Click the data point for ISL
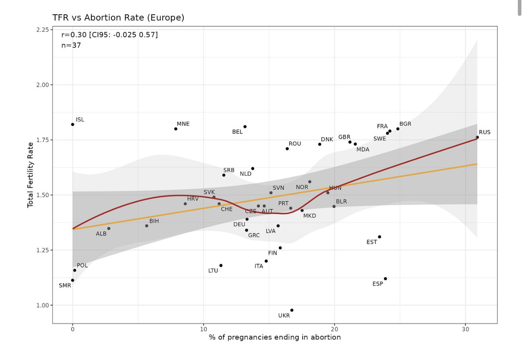[72, 125]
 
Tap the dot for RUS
[477, 137]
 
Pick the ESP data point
[385, 279]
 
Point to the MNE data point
[176, 129]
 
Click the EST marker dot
[379, 237]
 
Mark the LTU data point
[221, 266]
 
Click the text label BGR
[405, 124]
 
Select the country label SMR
[65, 286]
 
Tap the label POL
[82, 265]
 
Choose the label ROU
[295, 144]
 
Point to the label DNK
[327, 139]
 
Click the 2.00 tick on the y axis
[42, 85]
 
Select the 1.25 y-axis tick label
[42, 250]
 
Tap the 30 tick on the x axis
[465, 329]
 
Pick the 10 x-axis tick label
[204, 329]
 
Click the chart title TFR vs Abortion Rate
[118, 18]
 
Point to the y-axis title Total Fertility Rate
[30, 175]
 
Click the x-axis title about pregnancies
[275, 337]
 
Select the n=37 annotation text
[71, 45]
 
